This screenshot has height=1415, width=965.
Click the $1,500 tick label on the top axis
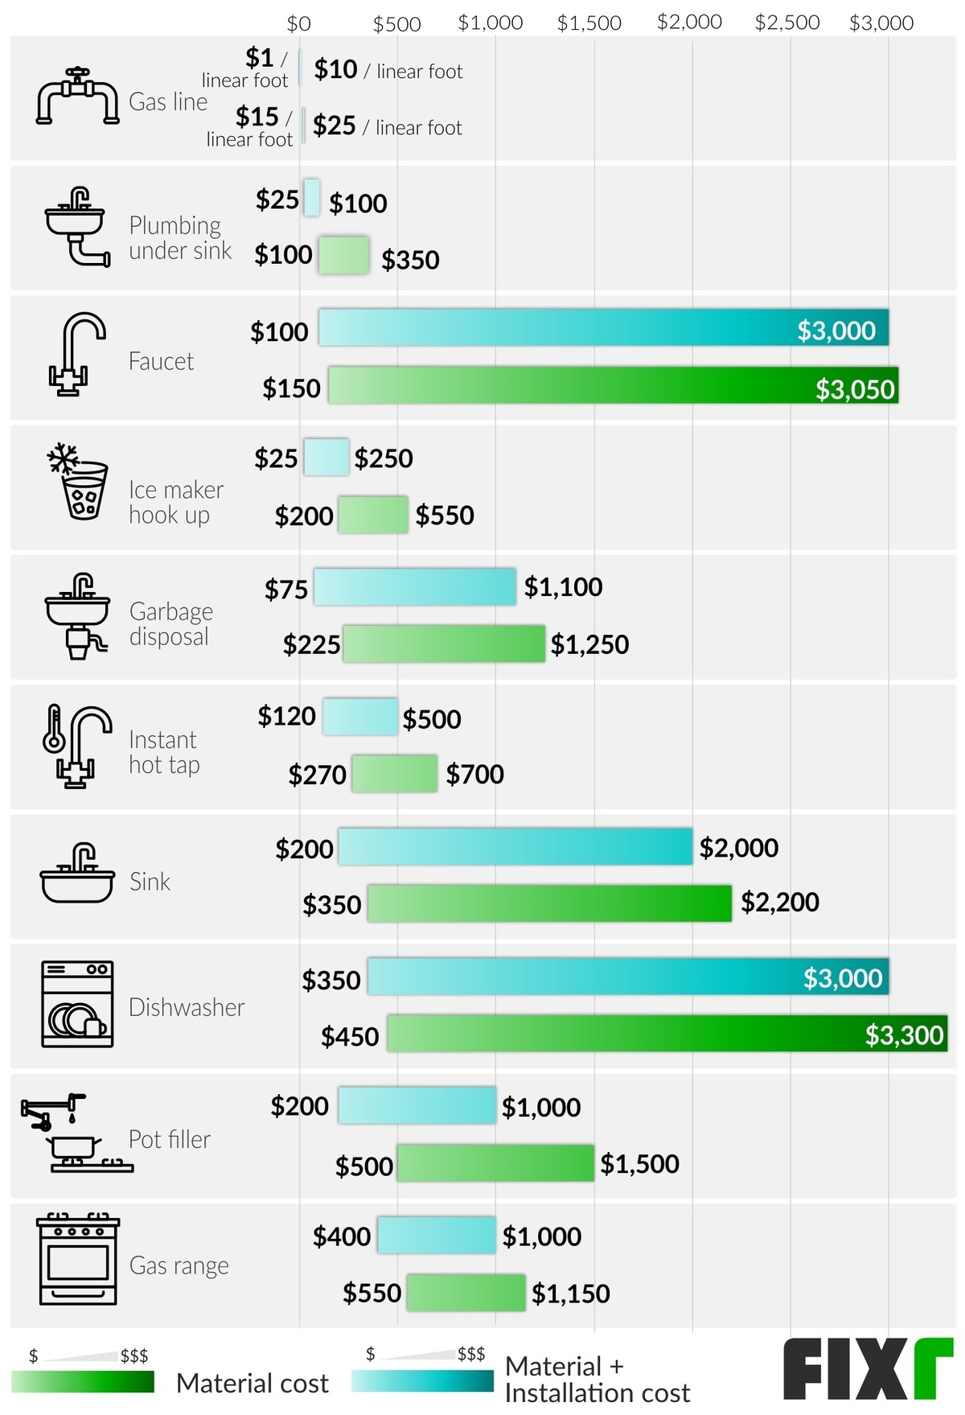[589, 23]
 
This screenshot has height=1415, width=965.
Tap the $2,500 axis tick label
[786, 23]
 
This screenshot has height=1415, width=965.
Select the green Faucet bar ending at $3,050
[613, 385]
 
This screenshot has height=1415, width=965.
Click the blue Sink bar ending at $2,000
[515, 847]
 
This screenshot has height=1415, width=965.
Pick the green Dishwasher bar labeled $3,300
[667, 1034]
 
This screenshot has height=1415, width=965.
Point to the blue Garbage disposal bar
[414, 587]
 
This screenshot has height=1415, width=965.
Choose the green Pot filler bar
[495, 1163]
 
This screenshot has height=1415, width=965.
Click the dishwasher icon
[77, 1004]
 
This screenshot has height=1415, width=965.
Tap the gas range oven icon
[78, 1260]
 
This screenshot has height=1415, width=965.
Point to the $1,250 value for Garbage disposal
[589, 644]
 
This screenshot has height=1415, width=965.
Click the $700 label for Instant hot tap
[474, 775]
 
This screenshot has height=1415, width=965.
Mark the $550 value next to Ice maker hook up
[445, 516]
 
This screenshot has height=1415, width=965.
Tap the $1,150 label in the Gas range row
[570, 1294]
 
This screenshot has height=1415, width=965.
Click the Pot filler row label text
[170, 1139]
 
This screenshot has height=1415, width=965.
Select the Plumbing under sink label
[179, 238]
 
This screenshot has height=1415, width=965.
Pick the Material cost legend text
[252, 1383]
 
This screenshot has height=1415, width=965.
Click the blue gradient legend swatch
[422, 1381]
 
